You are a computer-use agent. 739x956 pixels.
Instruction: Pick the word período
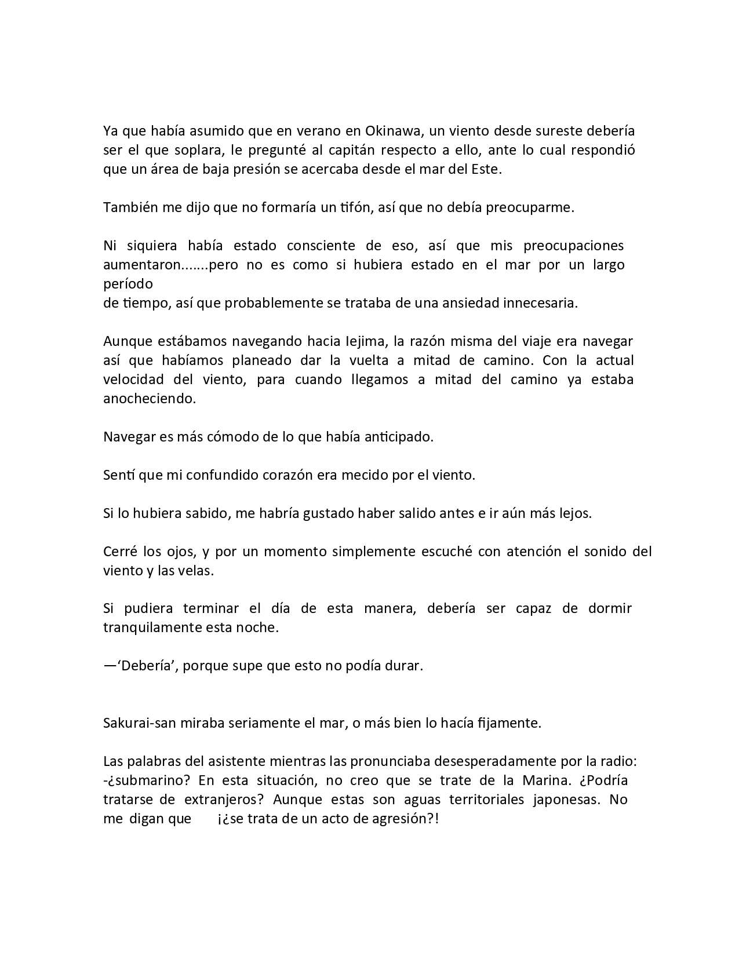pyautogui.click(x=128, y=284)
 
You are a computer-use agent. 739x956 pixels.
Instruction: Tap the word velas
pyautogui.click(x=196, y=571)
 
